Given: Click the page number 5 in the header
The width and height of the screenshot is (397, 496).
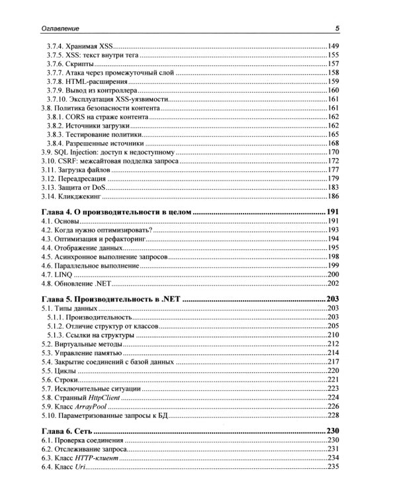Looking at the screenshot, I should (337, 28).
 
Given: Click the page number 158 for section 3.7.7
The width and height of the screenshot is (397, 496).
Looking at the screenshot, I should (333, 73).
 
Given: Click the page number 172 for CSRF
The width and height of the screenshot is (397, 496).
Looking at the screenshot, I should (333, 161).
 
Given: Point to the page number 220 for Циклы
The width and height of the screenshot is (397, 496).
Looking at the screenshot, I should (333, 371).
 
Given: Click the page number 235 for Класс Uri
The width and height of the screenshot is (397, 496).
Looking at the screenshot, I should (333, 468).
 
